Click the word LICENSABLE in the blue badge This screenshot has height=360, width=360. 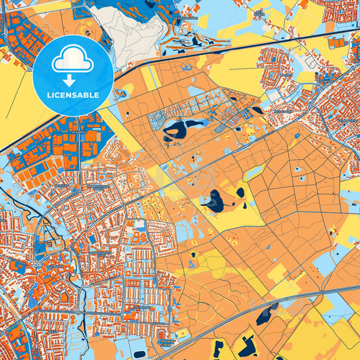coord(73,95)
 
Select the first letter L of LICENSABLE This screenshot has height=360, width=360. coord(49,95)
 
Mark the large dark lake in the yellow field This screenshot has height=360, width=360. coord(214,200)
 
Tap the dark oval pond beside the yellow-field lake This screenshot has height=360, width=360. coord(240,192)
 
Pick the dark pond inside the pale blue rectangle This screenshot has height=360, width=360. coord(140,353)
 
